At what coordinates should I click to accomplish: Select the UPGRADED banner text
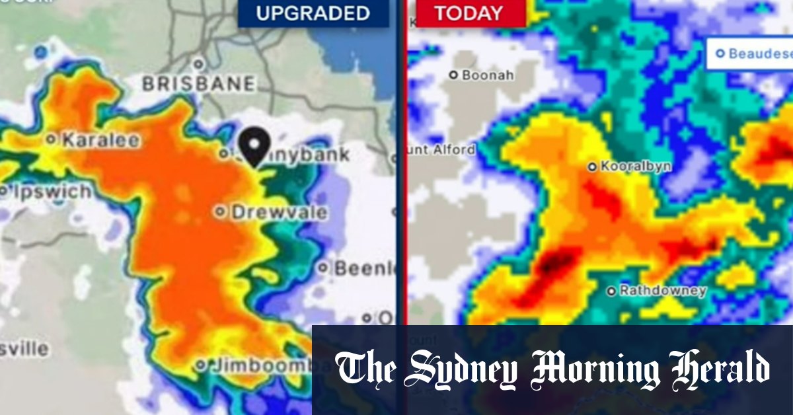click(x=313, y=13)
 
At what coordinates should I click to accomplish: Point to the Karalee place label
click(x=100, y=140)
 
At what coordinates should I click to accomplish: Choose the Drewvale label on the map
click(x=278, y=212)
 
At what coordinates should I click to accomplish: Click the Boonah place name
click(x=488, y=75)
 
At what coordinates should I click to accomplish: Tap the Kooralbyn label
click(x=635, y=167)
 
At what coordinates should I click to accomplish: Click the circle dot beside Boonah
click(x=453, y=75)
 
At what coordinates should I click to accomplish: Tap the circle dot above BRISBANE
click(x=198, y=64)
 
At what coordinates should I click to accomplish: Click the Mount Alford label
click(x=441, y=150)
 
